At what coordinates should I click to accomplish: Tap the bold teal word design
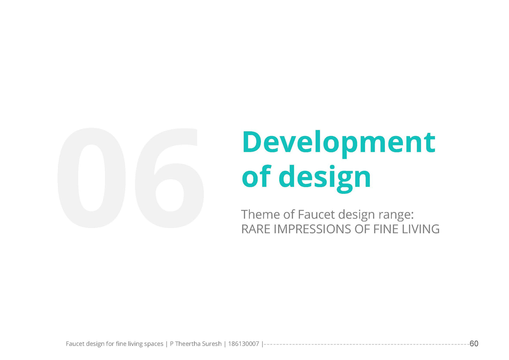325,178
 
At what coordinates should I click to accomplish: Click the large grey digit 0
92,177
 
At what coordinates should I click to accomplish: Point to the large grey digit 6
169,177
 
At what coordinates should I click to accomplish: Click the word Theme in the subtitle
261,215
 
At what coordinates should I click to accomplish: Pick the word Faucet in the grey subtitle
316,215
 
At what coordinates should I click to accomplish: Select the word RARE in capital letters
256,229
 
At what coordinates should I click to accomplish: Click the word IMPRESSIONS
313,229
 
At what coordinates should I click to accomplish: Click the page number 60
474,343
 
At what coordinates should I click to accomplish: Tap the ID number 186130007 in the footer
243,343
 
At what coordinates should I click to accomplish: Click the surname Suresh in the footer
211,343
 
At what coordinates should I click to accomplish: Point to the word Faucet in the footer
75,343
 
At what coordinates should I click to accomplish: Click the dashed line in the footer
366,344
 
